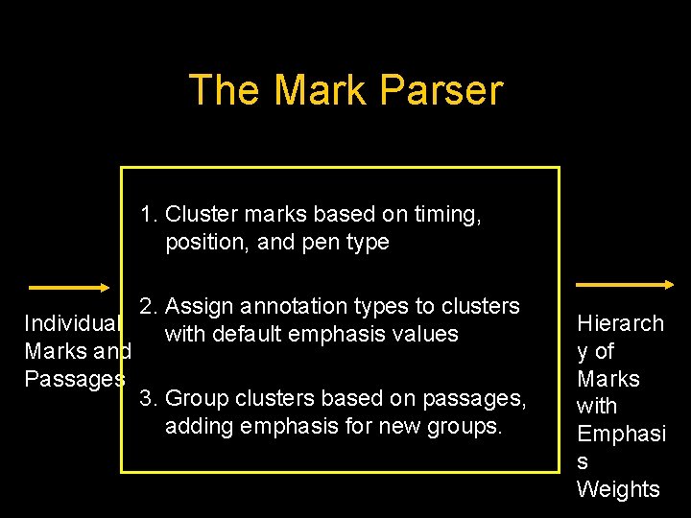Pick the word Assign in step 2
point(201,306)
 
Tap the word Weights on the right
point(618,489)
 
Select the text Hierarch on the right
point(620,323)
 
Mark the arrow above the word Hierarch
point(623,284)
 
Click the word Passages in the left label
point(74,378)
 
